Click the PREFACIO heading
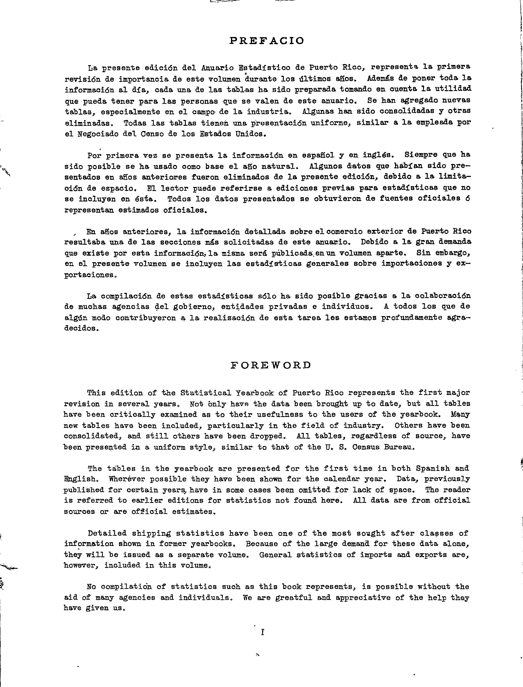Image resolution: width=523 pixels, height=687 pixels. [266, 41]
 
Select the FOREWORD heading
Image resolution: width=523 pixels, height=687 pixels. [271, 365]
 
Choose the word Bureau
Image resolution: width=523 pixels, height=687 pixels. [399, 447]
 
